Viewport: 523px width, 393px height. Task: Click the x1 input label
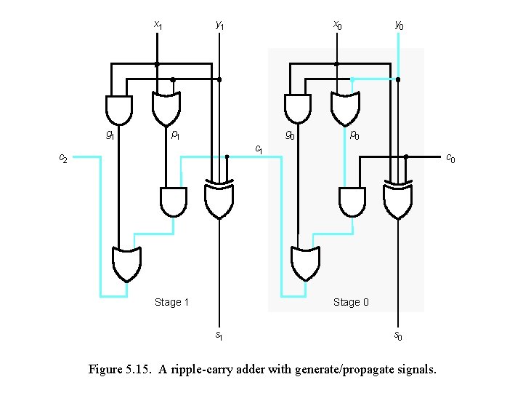[158, 25]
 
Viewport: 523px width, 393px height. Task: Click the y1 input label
[219, 25]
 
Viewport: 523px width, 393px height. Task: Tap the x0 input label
[337, 25]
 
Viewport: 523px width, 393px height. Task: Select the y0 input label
[399, 25]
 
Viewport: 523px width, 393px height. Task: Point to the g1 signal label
[110, 135]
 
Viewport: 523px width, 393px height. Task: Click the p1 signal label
[175, 135]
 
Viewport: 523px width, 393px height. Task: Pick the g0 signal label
[289, 135]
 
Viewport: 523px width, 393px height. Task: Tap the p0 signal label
[354, 135]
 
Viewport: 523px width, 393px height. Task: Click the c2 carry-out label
[63, 158]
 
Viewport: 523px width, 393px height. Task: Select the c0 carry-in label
[450, 158]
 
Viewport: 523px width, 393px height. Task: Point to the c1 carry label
[258, 150]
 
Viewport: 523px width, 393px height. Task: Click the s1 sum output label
[219, 336]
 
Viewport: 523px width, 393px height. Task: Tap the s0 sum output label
[398, 336]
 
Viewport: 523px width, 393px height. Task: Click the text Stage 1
[172, 302]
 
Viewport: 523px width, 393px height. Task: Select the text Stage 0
[351, 302]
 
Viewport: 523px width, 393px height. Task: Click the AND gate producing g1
[119, 109]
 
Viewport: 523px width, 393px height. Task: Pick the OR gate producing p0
[345, 109]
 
